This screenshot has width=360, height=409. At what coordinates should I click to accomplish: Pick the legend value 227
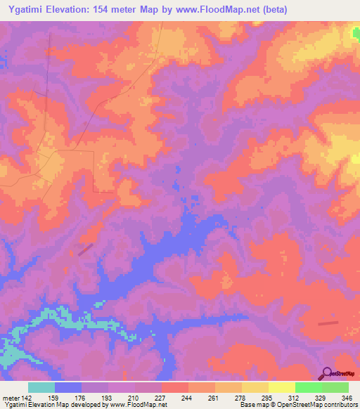pyautogui.click(x=162, y=398)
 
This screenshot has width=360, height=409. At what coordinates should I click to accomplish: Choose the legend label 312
pyautogui.click(x=295, y=398)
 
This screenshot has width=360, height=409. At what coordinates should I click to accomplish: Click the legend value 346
pyautogui.click(x=348, y=398)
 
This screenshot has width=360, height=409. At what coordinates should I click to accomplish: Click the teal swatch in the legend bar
pyautogui.click(x=41, y=387)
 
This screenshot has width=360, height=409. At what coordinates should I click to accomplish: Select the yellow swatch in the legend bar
pyautogui.click(x=281, y=387)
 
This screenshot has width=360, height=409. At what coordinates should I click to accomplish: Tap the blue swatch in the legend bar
pyautogui.click(x=68, y=387)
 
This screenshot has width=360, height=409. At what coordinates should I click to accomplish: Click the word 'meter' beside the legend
pyautogui.click(x=10, y=398)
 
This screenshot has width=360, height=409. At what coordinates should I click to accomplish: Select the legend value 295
pyautogui.click(x=268, y=398)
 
